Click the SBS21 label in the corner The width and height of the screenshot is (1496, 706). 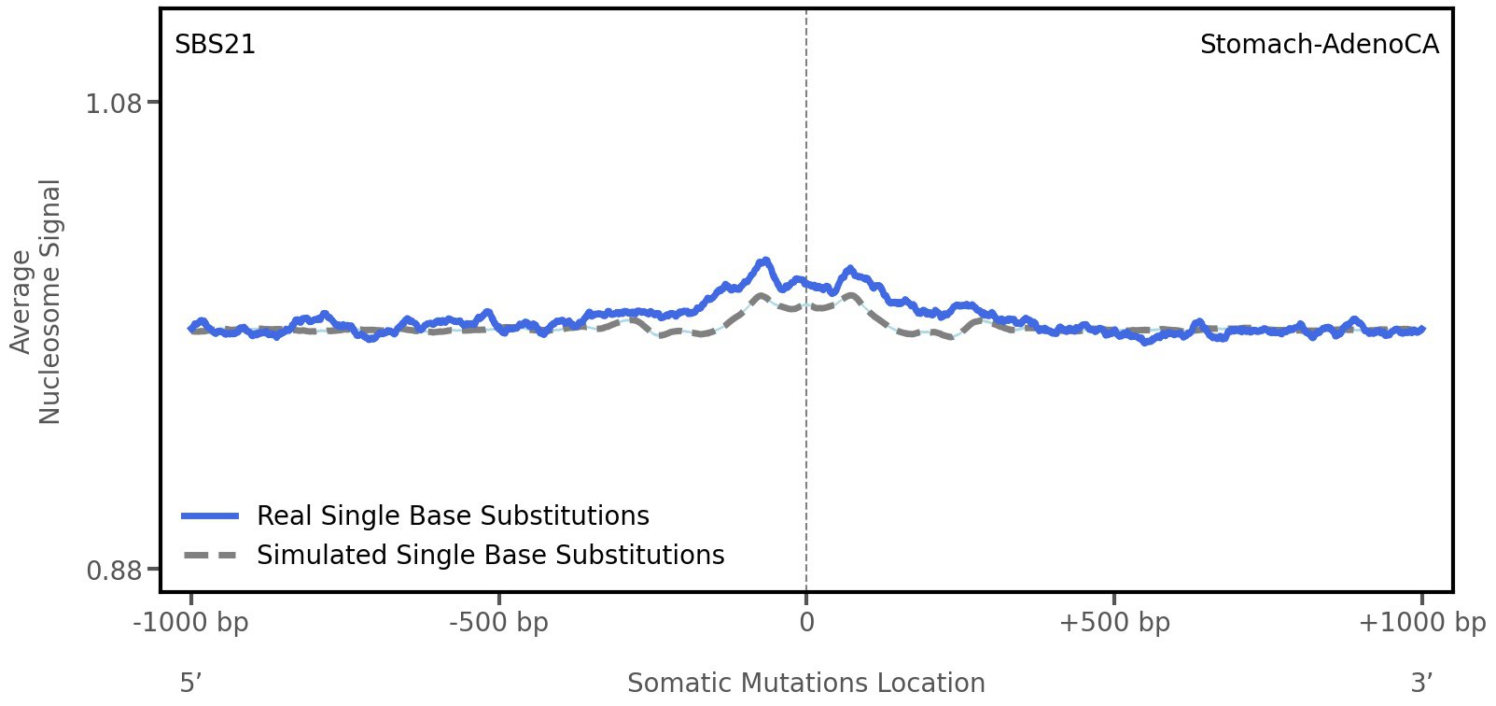pos(215,45)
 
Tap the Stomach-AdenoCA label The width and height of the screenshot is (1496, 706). pos(1319,45)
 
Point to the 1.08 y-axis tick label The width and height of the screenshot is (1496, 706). pos(114,103)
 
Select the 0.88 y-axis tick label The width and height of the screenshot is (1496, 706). pos(114,570)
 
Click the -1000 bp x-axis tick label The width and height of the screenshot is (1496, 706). pos(191,623)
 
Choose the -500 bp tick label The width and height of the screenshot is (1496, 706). pos(498,623)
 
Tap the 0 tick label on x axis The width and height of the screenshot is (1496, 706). pos(806,623)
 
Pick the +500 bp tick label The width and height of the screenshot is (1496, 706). pos(1114,623)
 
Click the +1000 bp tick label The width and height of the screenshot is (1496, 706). pos(1421,623)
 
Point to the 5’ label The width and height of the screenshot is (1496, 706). pos(190,684)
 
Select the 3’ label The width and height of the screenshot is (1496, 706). pos(1421,684)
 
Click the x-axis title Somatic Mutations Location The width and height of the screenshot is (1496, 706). pos(805,684)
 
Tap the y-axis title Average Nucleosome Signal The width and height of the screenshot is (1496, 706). pos(36,301)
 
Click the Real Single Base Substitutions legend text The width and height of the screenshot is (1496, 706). pos(453,515)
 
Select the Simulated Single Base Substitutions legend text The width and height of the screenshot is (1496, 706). pos(490,555)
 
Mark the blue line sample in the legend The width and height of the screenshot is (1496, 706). pos(211,515)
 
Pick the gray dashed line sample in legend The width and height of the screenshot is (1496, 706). pos(211,556)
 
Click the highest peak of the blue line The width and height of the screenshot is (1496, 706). pos(765,261)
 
